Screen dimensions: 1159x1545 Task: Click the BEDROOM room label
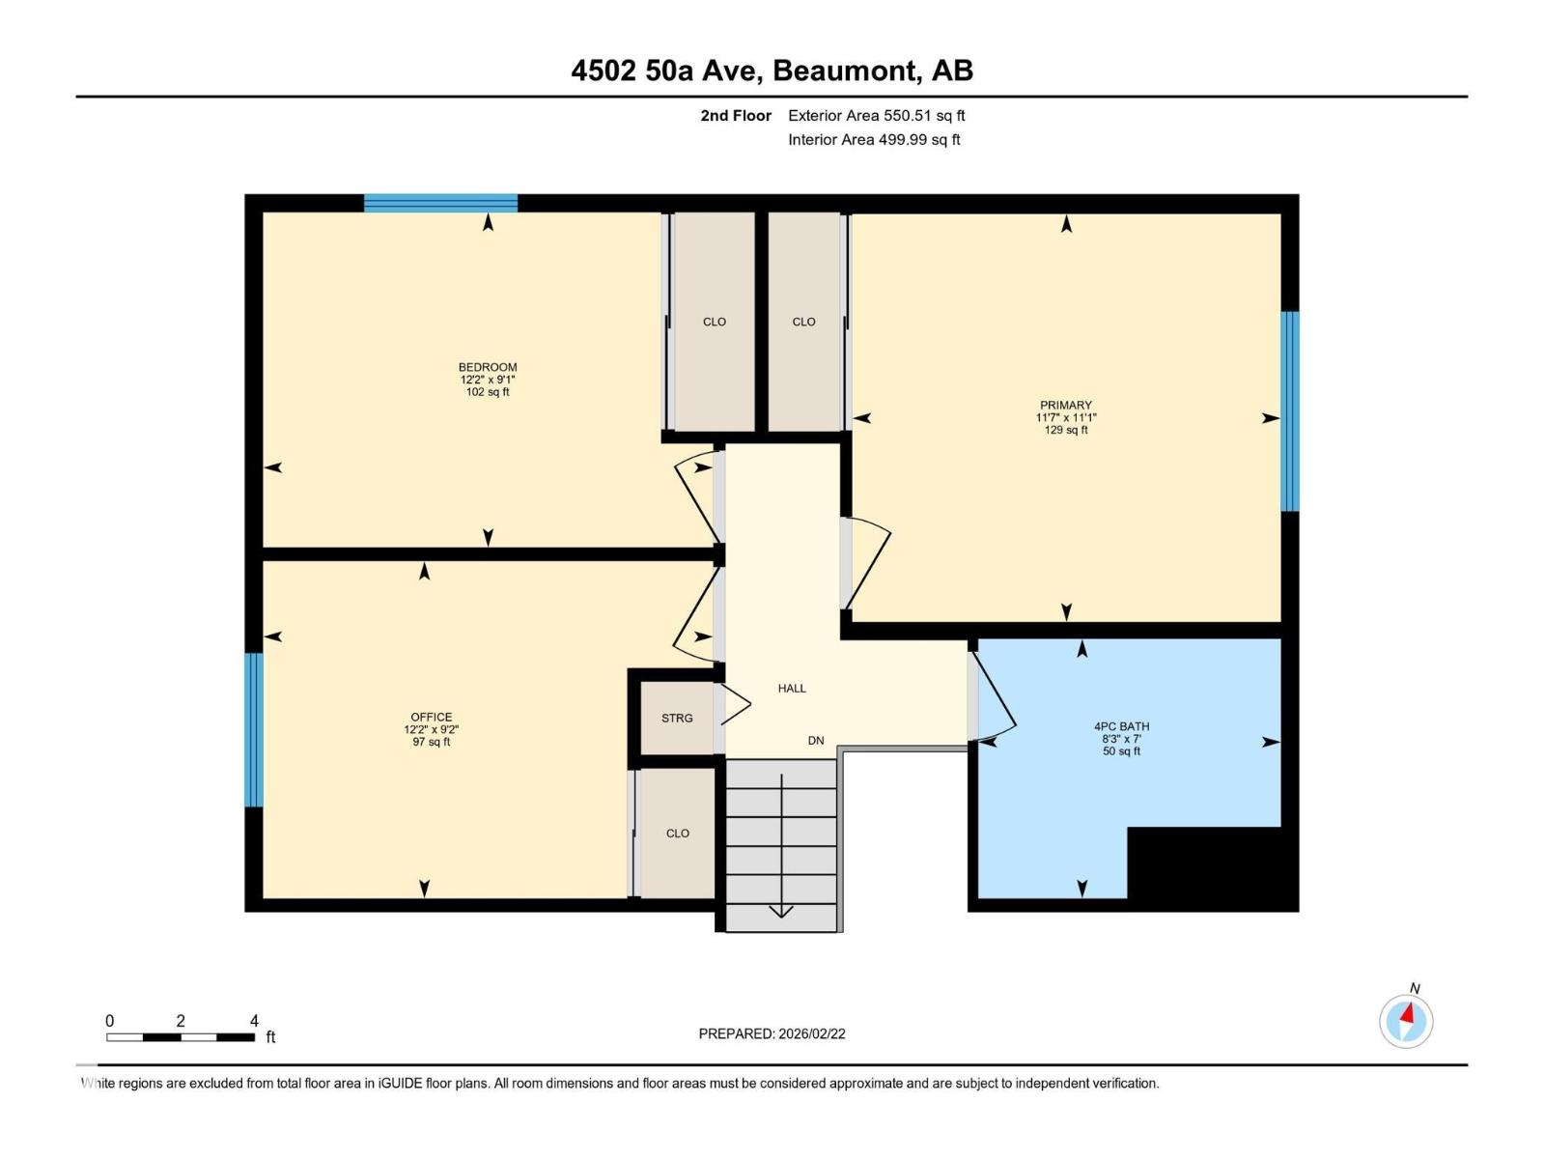click(488, 367)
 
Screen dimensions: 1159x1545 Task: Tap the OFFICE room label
click(431, 718)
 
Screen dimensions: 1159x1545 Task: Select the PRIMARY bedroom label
click(1066, 406)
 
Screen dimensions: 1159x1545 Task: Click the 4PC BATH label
click(1121, 726)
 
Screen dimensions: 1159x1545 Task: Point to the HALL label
click(792, 689)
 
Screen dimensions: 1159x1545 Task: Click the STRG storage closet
click(677, 719)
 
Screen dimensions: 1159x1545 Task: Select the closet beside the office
click(677, 834)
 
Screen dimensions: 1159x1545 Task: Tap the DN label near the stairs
click(816, 741)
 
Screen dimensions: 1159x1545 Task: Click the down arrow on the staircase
click(781, 910)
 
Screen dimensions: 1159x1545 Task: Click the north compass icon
click(1406, 1020)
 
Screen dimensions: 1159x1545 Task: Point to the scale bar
click(181, 1037)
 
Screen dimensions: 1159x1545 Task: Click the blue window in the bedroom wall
click(440, 203)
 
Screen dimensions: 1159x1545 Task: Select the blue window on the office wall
click(254, 730)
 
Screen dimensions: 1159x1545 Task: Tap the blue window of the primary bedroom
click(1290, 411)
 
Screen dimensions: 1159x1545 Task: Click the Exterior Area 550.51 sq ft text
click(876, 116)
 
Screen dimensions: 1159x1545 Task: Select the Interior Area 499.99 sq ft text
click(874, 140)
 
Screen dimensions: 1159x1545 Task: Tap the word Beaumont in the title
click(845, 71)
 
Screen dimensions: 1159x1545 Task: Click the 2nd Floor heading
click(736, 116)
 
